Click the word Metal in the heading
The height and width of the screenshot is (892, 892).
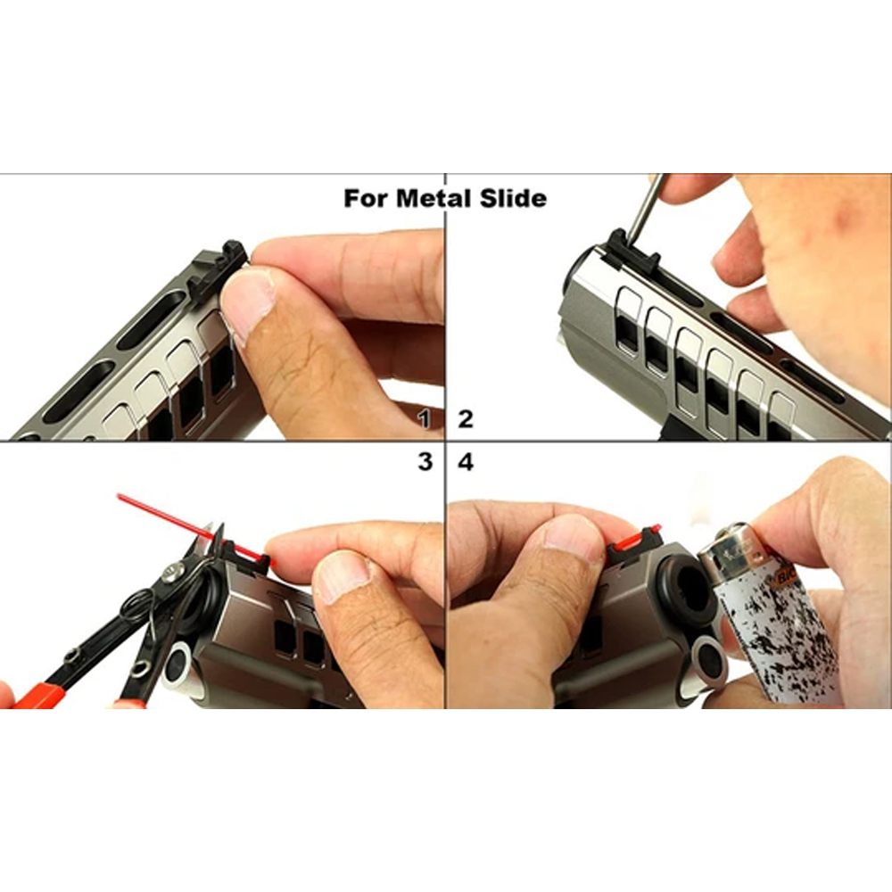[x=434, y=199]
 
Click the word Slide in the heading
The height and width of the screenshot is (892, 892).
[x=513, y=199]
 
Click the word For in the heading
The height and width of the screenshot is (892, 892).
[x=367, y=199]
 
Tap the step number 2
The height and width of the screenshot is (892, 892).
[x=466, y=419]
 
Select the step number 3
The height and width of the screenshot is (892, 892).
[x=425, y=461]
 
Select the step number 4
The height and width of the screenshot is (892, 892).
[x=466, y=462]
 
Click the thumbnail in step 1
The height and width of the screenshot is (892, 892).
[x=246, y=304]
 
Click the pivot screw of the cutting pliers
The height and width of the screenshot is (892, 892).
[x=172, y=572]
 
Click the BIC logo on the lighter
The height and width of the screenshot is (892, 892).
[x=787, y=578]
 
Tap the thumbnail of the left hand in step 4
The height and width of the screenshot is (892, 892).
[x=572, y=533]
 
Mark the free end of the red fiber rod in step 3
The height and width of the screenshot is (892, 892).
[x=119, y=496]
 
